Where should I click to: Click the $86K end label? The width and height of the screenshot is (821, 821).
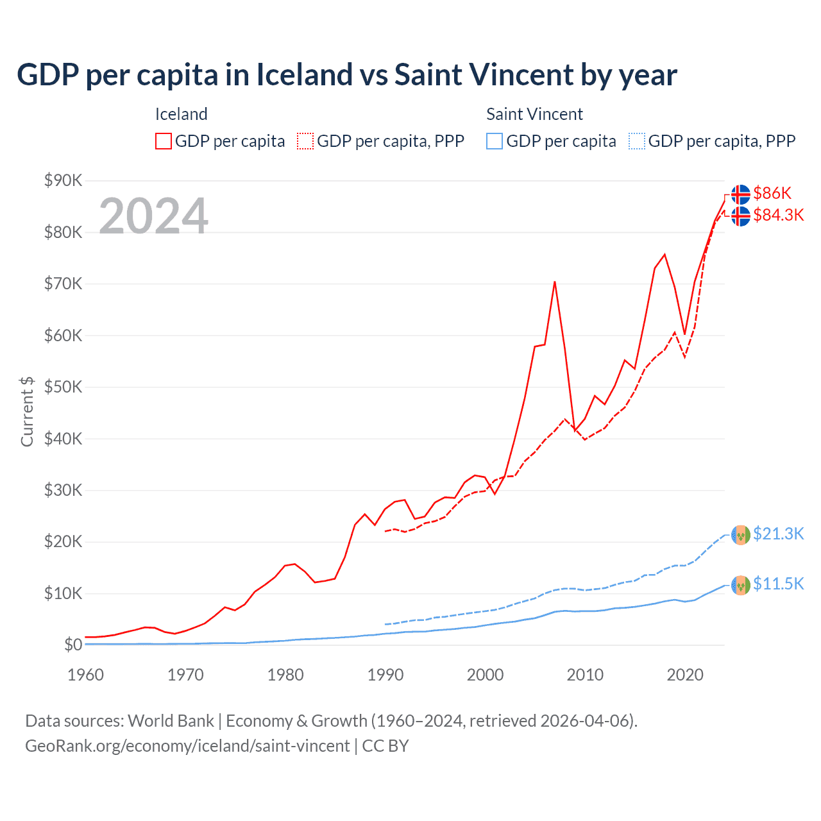coord(772,193)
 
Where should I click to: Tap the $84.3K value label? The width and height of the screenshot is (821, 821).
coord(778,215)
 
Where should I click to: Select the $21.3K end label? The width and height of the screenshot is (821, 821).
coord(778,534)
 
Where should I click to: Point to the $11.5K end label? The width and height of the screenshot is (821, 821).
coord(778,584)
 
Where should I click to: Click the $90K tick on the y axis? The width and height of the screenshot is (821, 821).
coord(63,180)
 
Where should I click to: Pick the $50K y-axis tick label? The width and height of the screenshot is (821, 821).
coord(63,387)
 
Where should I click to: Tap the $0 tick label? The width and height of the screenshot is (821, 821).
coord(72,645)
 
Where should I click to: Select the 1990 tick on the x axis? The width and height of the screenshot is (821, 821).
coord(385,675)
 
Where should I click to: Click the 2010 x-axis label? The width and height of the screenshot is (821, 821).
coord(585,675)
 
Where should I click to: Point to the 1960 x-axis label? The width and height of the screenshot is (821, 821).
coord(86,675)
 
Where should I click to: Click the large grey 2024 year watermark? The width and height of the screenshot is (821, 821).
coord(153,216)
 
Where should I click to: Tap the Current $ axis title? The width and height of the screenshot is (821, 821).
coord(27,411)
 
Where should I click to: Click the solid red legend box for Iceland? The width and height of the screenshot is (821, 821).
coord(164,141)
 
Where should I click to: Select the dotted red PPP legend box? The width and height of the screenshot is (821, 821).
coord(305,141)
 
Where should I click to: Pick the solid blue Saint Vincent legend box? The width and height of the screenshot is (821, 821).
coord(495,141)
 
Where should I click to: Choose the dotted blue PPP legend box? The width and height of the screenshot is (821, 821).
coord(637,141)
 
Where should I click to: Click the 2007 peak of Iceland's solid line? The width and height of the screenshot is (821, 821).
coord(555,282)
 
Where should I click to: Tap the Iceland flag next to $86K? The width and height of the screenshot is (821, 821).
coord(741,194)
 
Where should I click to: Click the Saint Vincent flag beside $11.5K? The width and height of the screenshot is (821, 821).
coord(741,585)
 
